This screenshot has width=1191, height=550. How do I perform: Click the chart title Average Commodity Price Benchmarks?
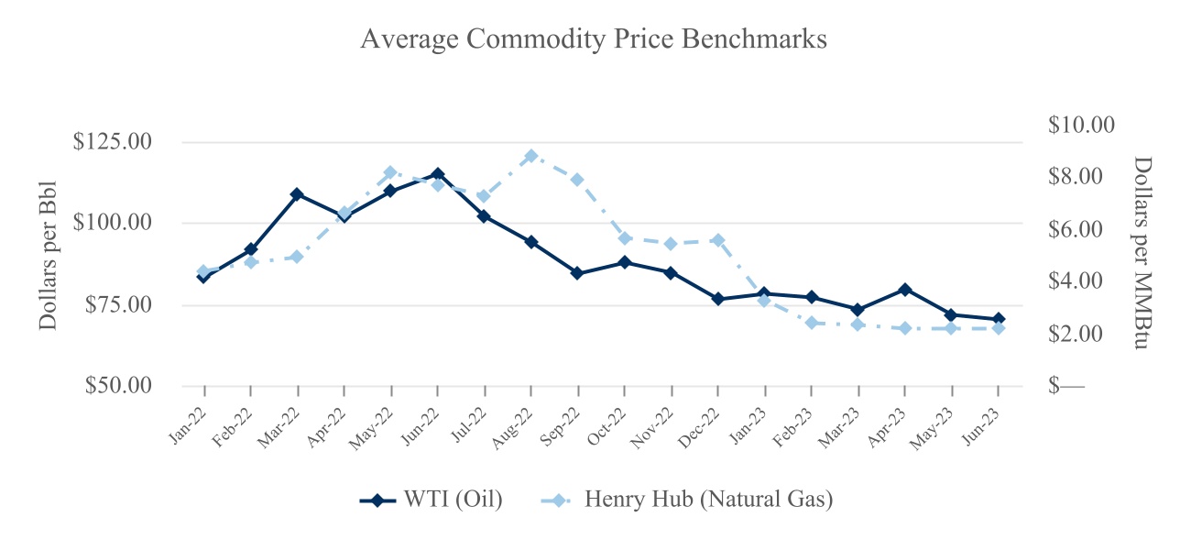pos(594,39)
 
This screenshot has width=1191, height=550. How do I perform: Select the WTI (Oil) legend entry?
pos(431,500)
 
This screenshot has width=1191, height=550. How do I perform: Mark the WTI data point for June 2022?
pos(437,174)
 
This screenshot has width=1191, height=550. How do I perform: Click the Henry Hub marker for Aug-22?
pos(530,156)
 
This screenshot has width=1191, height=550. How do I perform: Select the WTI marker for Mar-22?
pos(297,194)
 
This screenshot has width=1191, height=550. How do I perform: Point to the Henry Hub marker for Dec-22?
pos(717,240)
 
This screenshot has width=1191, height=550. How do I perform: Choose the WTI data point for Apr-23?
pos(904,290)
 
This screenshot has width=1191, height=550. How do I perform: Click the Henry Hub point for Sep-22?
pos(577,180)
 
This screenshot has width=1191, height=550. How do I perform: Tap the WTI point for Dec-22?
pos(717,299)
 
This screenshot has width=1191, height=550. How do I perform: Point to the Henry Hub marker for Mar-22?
pos(297,257)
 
